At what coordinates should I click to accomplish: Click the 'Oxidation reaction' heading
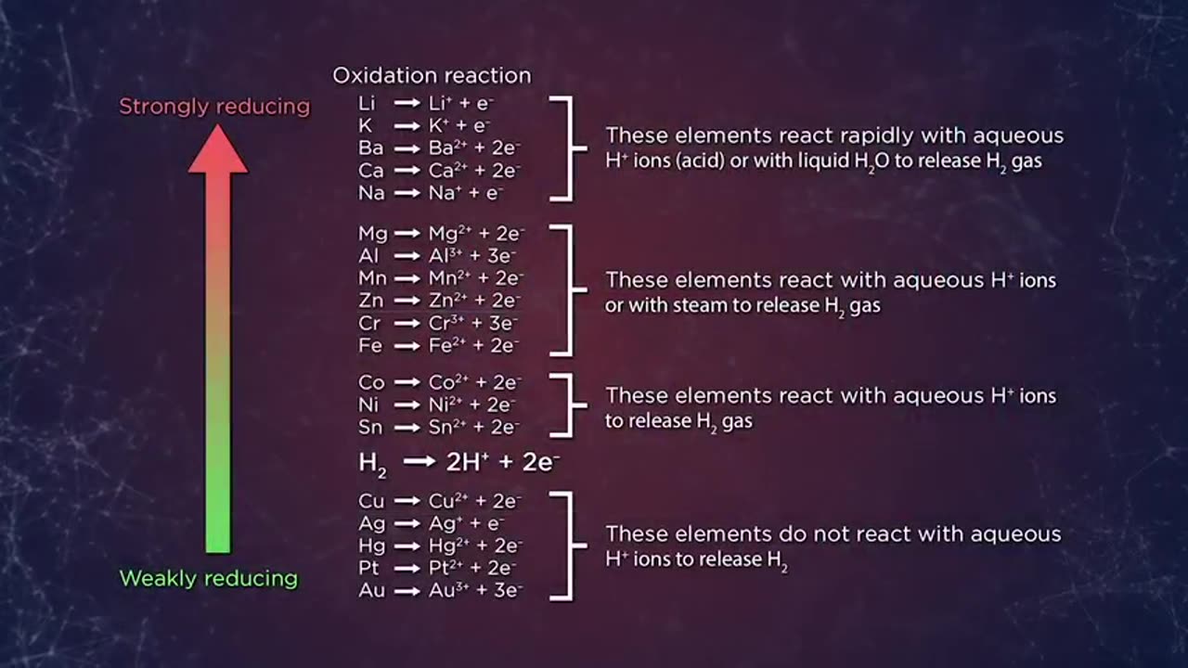click(x=432, y=76)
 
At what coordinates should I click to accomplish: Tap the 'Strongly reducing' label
click(x=214, y=107)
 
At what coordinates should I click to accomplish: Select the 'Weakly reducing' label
click(x=209, y=579)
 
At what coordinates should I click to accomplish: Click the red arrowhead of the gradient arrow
click(x=218, y=151)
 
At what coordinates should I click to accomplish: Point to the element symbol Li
click(x=367, y=103)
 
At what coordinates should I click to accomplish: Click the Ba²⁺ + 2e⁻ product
click(x=474, y=148)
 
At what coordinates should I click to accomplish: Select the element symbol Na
click(x=371, y=194)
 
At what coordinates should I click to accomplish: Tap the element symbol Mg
click(x=372, y=234)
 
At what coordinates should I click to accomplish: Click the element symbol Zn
click(x=370, y=301)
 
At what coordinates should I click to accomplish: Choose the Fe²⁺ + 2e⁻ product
click(x=473, y=345)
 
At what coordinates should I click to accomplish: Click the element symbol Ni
click(x=368, y=405)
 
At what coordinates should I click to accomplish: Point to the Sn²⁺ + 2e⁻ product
click(x=473, y=428)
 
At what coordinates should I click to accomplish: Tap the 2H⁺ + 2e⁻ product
click(x=502, y=462)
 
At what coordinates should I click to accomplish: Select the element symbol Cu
click(x=371, y=502)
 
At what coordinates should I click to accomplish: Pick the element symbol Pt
click(x=368, y=568)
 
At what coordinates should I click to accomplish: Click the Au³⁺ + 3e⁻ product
click(x=474, y=590)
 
